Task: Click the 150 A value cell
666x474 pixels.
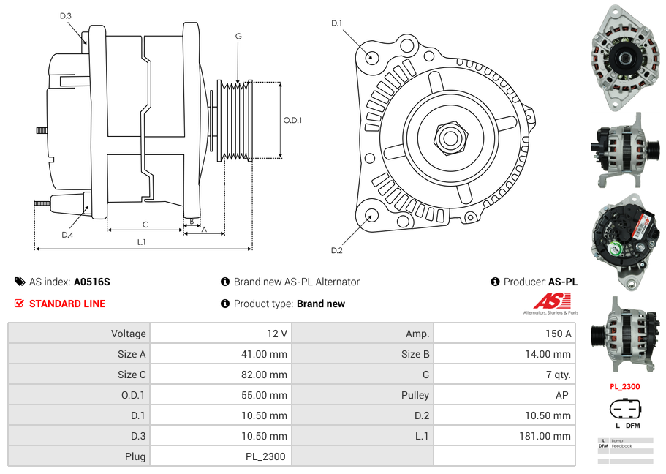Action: (559, 334)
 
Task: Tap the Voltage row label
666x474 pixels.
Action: (128, 334)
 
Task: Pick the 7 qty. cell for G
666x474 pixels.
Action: (559, 375)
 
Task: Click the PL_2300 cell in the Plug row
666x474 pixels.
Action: (266, 456)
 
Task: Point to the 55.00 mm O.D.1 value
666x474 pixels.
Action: (265, 395)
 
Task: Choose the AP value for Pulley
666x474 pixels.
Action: (564, 395)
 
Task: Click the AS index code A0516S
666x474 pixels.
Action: (92, 282)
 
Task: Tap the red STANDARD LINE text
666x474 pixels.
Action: (67, 304)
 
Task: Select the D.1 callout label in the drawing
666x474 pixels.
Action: (336, 23)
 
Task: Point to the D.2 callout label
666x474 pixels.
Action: (336, 251)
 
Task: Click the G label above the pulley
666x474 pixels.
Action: (238, 36)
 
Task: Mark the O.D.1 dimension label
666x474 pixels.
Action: (292, 120)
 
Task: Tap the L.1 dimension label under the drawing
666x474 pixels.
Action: (142, 241)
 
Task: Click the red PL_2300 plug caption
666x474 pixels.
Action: (624, 387)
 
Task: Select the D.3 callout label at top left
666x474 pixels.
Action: (65, 15)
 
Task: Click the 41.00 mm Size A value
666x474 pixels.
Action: (265, 354)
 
